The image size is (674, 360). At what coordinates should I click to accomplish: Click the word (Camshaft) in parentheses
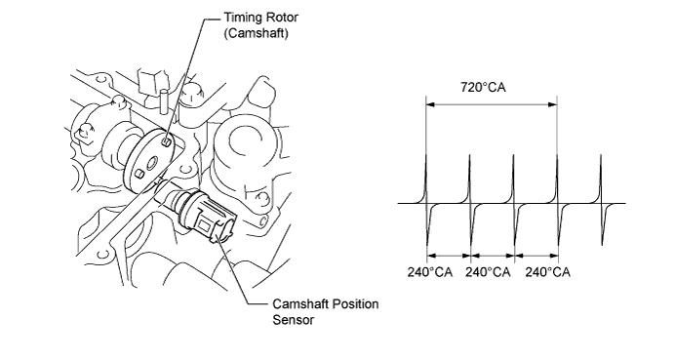point(256,33)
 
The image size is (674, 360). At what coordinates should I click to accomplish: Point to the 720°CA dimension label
point(483,87)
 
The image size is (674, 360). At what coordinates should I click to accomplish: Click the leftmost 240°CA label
point(430,272)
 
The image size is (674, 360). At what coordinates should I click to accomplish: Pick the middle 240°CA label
point(488,272)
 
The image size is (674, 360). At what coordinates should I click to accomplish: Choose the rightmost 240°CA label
point(547,272)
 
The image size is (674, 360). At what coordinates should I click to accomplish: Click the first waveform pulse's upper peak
point(425,155)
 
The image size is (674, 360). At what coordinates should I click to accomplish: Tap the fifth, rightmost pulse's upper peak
point(601,155)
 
